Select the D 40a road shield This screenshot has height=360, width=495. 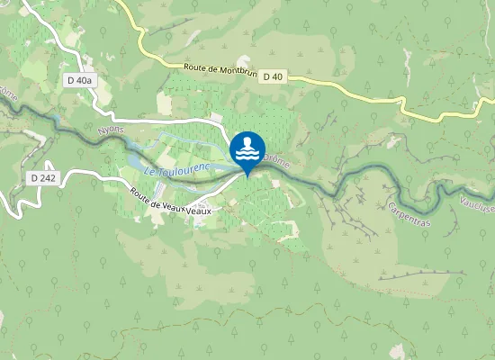(x=79, y=80)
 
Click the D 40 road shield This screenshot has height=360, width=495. (x=274, y=78)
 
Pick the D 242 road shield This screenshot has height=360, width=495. (x=42, y=178)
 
